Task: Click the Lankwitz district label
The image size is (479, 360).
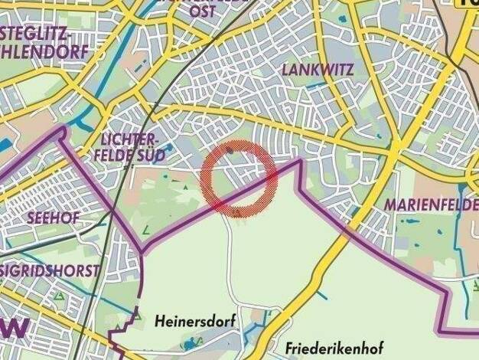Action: coord(317,70)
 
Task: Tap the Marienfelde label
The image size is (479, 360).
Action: coord(430,205)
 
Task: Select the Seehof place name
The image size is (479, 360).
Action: coord(53,218)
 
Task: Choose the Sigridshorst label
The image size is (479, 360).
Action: coord(51,271)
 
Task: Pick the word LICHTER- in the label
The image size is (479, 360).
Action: coord(129,139)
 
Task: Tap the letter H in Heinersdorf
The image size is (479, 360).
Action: coord(158,318)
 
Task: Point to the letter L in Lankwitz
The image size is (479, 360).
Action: coord(286,70)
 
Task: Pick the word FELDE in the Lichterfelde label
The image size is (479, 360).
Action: coord(115,154)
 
